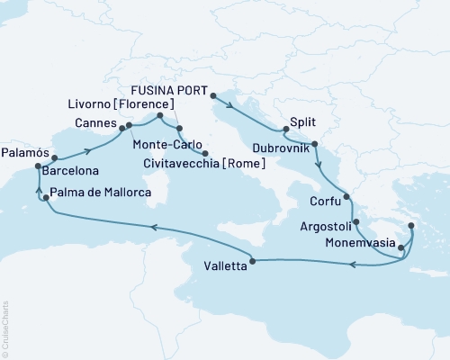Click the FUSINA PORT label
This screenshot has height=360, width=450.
coord(170,92)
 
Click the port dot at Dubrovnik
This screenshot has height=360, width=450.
coord(314,144)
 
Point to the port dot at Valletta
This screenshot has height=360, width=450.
coord(252,261)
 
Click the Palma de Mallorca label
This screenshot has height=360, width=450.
coord(100,192)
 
